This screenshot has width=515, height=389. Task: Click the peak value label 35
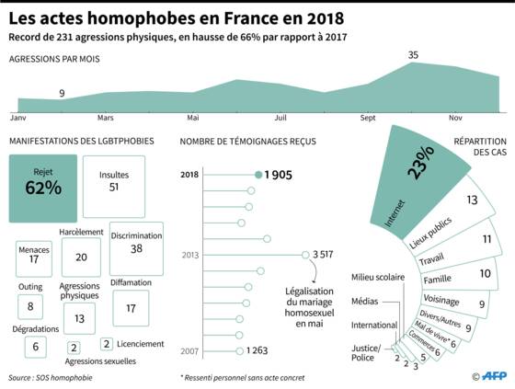pos(413,55)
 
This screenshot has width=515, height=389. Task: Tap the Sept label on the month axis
pos(368,118)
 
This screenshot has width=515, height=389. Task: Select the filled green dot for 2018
pos(258,175)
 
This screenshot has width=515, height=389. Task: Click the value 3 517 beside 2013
pos(323,255)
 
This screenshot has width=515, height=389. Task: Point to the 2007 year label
pos(189,351)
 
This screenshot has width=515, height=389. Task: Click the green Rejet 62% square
pos(43,189)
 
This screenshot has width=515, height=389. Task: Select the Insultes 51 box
pos(114,187)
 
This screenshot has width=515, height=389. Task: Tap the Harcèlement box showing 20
pos(81,257)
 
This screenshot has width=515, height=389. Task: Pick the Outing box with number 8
pos(30,306)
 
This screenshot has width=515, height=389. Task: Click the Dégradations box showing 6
pos(36,347)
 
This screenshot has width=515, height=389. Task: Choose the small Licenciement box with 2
pos(107,344)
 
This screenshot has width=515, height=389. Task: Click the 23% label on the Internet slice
pos(421,162)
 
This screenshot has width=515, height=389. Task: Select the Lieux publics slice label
pos(430,233)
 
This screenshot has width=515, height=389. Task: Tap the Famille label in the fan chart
pos(437,280)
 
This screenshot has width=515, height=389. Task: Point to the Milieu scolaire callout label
pos(378,277)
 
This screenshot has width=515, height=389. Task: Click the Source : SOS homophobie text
pos(51,378)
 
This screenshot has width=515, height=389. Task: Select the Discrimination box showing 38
pos(136,248)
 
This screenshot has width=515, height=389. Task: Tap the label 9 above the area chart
pos(62,93)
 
